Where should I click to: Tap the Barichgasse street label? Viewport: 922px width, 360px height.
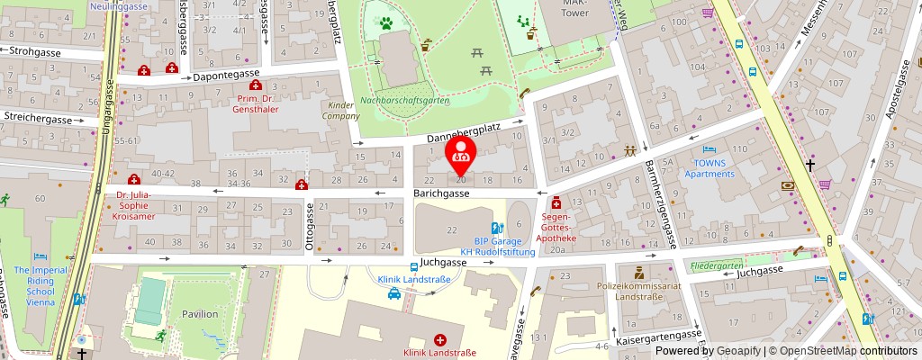click(x=441, y=193)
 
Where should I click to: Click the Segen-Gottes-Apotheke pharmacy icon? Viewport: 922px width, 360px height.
click(x=556, y=202)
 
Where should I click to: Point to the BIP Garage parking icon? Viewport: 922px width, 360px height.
click(x=496, y=229)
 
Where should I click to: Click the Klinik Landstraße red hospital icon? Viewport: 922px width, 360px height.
click(x=439, y=339)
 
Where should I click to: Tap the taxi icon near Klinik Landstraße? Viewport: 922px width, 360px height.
click(x=393, y=294)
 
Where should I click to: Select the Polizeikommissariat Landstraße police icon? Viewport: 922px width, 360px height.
click(x=639, y=271)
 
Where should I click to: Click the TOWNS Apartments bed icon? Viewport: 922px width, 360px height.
click(x=709, y=149)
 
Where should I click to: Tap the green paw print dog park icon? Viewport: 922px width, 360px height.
click(x=384, y=22)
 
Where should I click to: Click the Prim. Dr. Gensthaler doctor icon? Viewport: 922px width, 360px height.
click(x=256, y=85)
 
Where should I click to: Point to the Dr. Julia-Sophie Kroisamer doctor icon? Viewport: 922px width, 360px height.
click(x=134, y=179)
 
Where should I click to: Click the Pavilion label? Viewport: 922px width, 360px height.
click(x=199, y=314)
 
